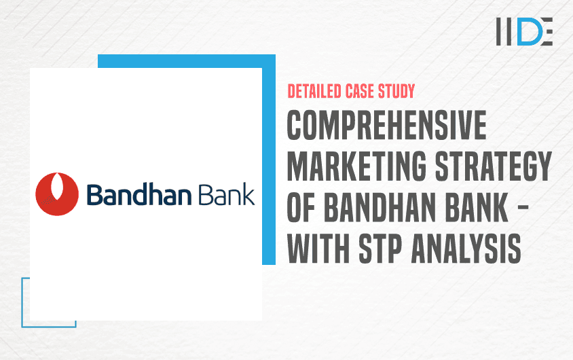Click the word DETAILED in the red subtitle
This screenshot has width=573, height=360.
[x=314, y=92]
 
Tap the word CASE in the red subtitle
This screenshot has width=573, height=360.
[x=360, y=92]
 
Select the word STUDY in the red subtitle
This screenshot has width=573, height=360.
[x=396, y=92]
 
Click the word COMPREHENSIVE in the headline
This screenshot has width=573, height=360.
[x=386, y=125]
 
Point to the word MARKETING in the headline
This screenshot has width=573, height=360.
[x=356, y=166]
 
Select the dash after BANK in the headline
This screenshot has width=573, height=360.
[x=523, y=207]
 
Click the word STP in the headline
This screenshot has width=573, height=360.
[x=380, y=249]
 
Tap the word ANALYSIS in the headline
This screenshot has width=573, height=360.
[x=466, y=249]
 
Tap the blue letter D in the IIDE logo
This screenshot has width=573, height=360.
[x=528, y=31]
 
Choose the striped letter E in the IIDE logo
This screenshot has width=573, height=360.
[x=546, y=31]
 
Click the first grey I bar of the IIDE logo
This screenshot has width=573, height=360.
[x=499, y=31]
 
